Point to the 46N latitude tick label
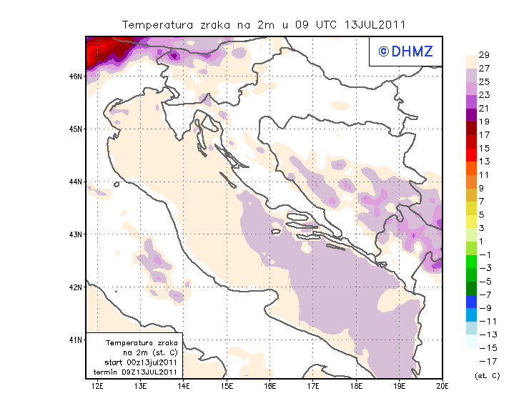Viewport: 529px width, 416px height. click(x=75, y=76)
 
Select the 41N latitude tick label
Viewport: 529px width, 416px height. click(x=75, y=340)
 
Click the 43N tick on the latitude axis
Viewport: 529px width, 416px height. click(x=75, y=234)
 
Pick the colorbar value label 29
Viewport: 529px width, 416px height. click(x=484, y=55)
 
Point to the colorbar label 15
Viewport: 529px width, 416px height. click(x=484, y=148)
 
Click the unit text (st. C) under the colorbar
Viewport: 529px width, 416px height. click(x=487, y=375)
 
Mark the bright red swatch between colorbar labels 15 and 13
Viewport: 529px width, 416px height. click(x=472, y=154)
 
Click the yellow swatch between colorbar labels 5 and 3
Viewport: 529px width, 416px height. click(x=472, y=221)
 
